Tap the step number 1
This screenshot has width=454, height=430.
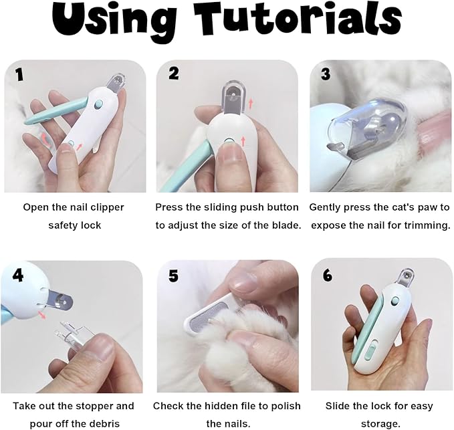(x=19, y=75)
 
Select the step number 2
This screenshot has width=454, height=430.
(x=174, y=73)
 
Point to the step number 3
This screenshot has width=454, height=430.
(x=326, y=74)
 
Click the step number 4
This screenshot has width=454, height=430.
(x=18, y=275)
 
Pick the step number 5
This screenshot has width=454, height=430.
(x=173, y=276)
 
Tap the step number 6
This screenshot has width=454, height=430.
(x=328, y=275)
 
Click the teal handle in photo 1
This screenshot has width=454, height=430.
(x=55, y=111)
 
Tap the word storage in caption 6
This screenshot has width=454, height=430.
(x=380, y=424)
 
